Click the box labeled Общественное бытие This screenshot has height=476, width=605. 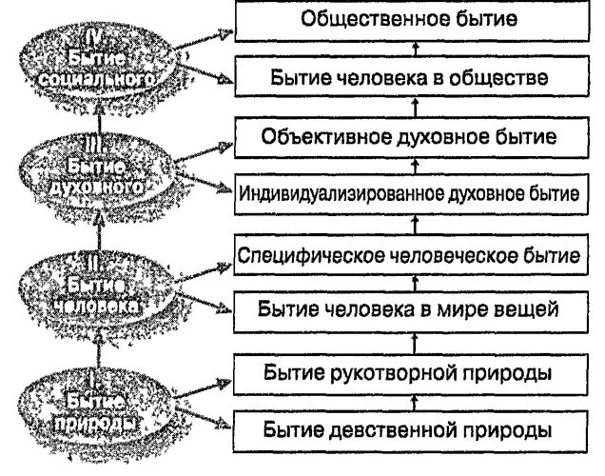point(409,19)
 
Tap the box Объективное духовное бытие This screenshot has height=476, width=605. point(409,136)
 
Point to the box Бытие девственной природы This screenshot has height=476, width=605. point(409,427)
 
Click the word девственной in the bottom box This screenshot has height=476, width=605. point(394,427)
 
